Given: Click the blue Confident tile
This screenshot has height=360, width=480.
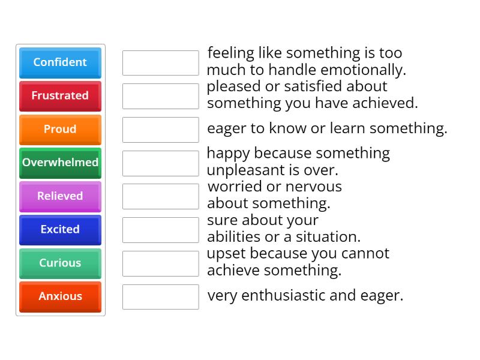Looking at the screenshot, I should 60,62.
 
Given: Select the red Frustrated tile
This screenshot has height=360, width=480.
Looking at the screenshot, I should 60,96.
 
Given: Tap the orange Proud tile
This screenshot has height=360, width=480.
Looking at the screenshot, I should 60,130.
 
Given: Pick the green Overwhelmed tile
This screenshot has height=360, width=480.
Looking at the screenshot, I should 60,163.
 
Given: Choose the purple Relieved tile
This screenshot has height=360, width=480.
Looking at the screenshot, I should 60,196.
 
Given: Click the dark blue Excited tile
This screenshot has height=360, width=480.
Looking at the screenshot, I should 60,230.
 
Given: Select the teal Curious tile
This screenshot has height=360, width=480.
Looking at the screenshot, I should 60,263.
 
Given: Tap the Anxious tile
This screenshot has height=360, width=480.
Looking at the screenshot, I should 60,296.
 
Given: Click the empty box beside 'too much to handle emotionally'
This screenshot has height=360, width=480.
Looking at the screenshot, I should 160,63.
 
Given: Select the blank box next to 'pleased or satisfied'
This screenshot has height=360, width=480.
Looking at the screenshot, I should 160,96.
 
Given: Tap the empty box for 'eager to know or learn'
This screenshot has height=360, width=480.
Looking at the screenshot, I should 160,130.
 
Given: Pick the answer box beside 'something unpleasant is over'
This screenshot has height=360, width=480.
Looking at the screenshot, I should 160,163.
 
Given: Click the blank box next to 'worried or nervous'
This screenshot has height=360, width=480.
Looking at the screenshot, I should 160,196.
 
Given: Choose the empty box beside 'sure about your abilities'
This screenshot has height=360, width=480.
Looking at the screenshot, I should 160,230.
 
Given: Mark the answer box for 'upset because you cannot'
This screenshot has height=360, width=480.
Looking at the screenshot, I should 160,263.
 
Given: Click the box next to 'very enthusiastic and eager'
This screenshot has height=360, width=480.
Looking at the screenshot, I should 160,296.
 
